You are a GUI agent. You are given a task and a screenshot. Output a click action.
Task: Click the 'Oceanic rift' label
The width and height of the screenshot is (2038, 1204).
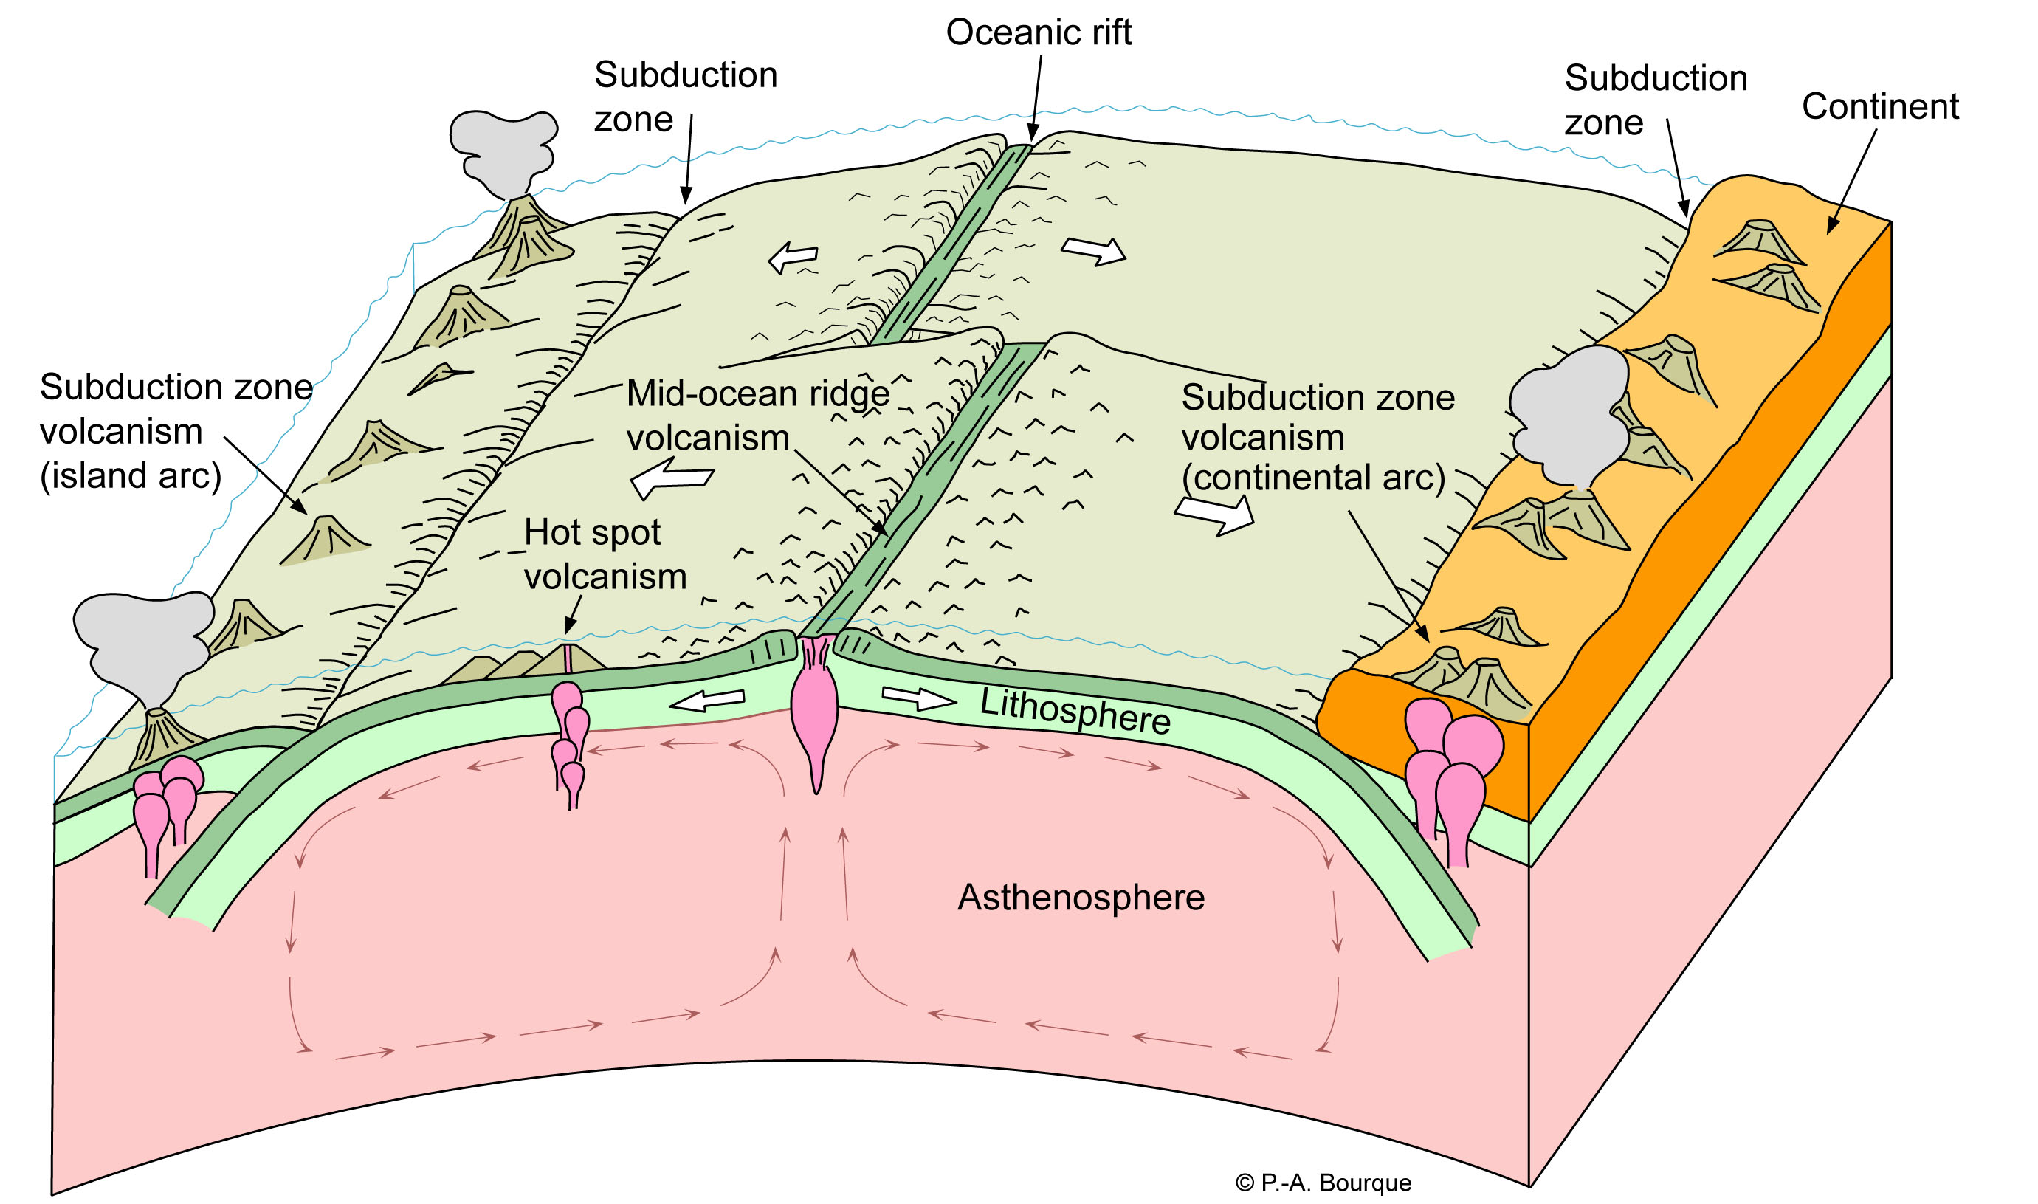coord(1038,32)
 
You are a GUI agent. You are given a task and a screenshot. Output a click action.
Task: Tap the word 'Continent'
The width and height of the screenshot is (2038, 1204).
coord(1880,106)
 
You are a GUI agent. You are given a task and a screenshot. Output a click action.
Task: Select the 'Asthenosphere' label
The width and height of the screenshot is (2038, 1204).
coord(1081,898)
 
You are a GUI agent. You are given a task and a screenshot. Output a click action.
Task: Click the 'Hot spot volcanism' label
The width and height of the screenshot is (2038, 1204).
coord(605,554)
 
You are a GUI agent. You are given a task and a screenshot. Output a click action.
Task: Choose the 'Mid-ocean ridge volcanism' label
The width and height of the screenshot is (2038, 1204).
coord(757,416)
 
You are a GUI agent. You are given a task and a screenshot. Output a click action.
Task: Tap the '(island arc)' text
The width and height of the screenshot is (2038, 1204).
coord(131,475)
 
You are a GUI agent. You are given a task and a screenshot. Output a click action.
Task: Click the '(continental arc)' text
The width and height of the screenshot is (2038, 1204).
coord(1313,477)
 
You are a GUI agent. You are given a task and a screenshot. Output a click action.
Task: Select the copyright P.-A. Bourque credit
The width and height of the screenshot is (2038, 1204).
coord(1323,1183)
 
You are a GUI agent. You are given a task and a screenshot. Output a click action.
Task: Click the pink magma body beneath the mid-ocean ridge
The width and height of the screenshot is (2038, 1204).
coord(813,714)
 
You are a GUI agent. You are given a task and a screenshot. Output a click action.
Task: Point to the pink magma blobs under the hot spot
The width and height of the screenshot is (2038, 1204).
coord(569,738)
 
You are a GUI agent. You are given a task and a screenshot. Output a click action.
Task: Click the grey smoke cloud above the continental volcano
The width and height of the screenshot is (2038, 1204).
coord(1570,414)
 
